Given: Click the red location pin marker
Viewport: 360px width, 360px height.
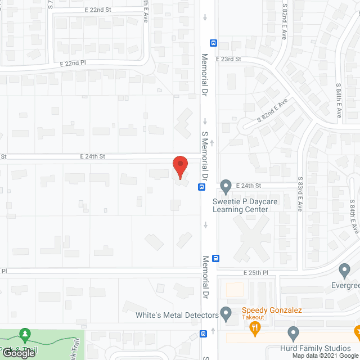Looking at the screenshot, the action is point(179,167).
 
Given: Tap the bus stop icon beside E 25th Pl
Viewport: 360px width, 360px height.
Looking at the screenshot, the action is point(216,258).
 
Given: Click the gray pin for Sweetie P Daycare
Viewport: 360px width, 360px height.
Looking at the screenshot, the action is point(226,185).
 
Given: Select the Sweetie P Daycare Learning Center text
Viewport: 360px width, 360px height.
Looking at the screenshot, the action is point(240,205).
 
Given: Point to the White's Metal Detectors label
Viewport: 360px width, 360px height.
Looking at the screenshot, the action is point(177,316).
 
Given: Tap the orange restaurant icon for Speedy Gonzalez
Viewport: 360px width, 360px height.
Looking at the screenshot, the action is point(256,328).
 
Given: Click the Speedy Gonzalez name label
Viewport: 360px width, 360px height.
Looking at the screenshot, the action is point(272,310).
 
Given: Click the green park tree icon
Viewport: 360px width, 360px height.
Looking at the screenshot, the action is point(24,336).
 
